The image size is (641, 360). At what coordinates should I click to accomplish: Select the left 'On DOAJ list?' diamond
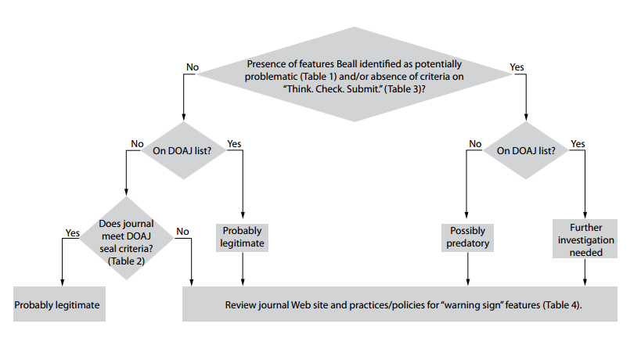182,152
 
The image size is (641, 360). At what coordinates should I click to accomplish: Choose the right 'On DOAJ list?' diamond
523,152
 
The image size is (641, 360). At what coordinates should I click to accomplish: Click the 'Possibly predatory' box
468,237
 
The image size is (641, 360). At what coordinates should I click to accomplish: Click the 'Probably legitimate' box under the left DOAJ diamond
243,237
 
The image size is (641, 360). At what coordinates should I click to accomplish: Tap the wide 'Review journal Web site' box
399,304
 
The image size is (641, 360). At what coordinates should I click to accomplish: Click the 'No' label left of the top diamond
192,67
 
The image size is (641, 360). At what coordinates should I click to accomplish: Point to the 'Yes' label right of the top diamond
517,67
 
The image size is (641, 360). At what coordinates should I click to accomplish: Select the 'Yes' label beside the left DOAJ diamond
234,144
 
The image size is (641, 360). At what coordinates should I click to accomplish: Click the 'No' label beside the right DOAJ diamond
475,144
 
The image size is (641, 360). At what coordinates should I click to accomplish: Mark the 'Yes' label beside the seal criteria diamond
73,232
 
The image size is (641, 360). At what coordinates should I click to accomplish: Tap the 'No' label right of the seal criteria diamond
183,232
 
